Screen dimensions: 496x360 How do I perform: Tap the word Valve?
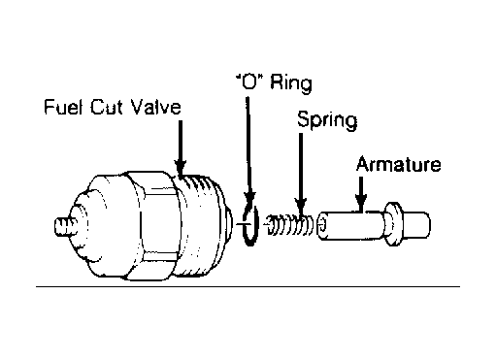coord(156,107)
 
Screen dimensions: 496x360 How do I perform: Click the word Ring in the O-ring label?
coord(291,83)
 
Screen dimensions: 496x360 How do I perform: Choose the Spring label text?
coord(327,120)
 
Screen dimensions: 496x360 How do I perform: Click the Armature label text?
coord(398,164)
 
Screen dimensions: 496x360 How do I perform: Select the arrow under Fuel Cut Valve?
coord(181,147)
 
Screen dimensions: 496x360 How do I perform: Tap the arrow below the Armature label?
coord(361,193)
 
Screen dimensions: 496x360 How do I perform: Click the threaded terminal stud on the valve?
coord(65,226)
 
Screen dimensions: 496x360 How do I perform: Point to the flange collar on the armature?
coord(392,224)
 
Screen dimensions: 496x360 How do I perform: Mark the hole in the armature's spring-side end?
coord(322,226)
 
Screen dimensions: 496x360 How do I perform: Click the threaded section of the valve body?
coord(201,225)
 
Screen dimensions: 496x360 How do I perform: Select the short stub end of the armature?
coord(416,225)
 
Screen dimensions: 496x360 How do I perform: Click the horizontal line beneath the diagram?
coord(248,286)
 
